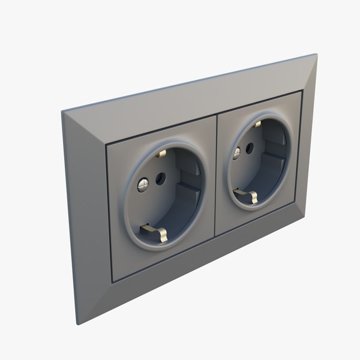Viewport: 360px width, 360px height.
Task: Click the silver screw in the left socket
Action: coord(143,185)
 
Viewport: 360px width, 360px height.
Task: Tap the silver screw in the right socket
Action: coord(236,152)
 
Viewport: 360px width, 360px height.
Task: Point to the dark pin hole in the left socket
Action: coord(160,178)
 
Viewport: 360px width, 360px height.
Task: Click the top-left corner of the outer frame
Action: coord(62,111)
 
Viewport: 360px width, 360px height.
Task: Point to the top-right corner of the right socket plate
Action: coord(300,92)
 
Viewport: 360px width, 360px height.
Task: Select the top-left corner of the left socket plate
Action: coord(106,144)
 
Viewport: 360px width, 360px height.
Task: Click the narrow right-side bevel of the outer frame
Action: coord(309,138)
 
